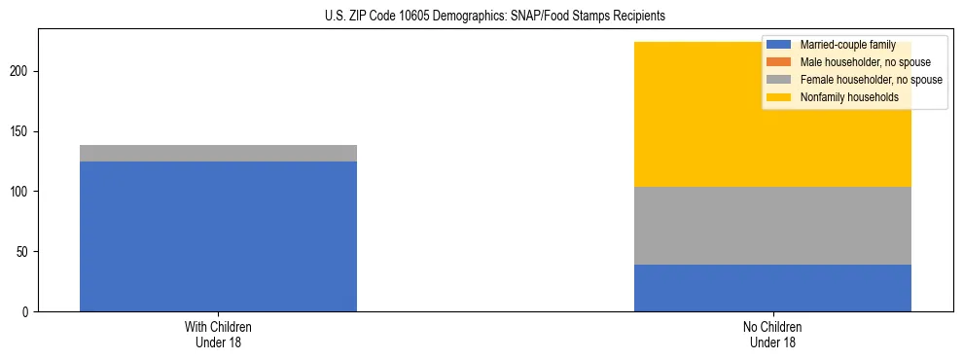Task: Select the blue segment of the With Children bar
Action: point(218,236)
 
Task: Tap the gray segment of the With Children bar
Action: point(218,153)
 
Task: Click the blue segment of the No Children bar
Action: point(772,288)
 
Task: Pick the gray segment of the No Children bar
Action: point(772,226)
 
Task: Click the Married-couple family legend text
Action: point(847,45)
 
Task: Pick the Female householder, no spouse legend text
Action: point(871,80)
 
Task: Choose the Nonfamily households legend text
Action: point(849,97)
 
